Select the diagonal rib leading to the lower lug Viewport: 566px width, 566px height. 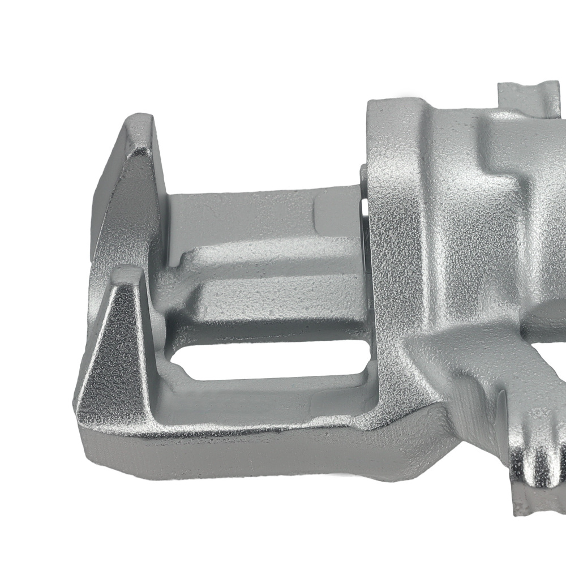tap(481, 385)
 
